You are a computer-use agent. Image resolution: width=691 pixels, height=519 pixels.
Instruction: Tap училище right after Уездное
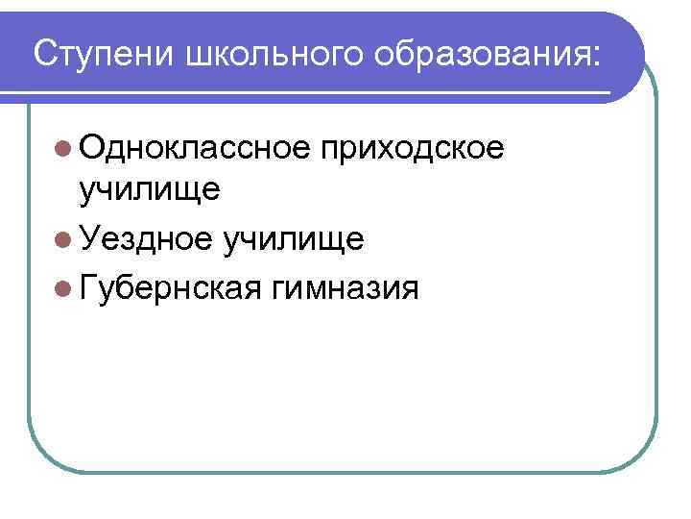(x=292, y=239)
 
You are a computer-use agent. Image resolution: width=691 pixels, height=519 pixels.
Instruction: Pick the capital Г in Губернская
(x=89, y=285)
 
